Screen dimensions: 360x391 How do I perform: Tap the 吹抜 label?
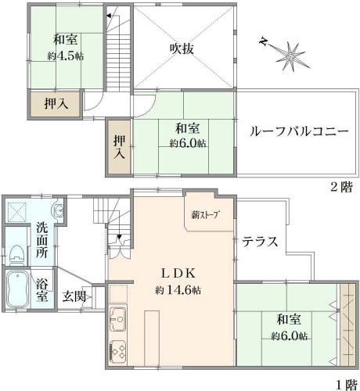click(182, 48)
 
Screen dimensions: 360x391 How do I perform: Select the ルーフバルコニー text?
click(299, 131)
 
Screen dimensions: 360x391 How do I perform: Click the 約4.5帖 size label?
click(66, 56)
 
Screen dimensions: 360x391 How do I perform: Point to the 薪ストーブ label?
click(205, 215)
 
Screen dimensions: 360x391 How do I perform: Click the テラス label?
click(260, 242)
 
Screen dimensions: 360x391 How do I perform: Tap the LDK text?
click(178, 274)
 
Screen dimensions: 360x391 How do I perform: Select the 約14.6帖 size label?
click(178, 289)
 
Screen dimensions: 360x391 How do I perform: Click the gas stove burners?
click(118, 352)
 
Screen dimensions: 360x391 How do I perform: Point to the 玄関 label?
click(74, 296)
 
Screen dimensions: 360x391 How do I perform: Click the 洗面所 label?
click(41, 240)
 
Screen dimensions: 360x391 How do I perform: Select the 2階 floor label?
click(341, 187)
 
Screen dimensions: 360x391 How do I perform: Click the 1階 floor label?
click(346, 385)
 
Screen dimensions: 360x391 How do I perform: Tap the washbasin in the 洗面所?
click(59, 209)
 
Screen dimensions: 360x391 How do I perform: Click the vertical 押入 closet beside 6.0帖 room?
click(119, 147)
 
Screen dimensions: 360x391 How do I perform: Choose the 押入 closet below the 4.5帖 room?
click(55, 104)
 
